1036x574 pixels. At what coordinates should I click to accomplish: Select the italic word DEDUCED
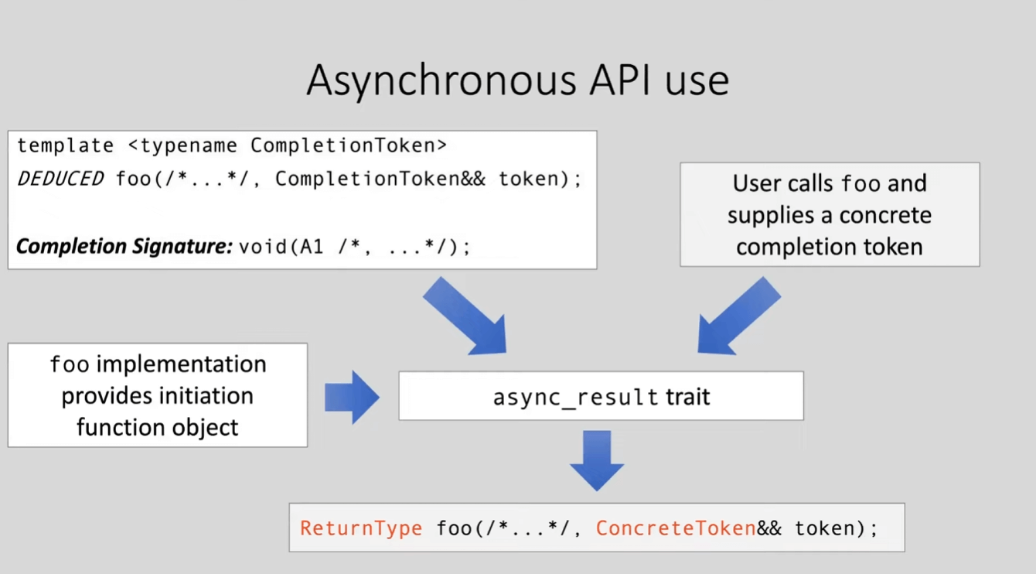tap(60, 179)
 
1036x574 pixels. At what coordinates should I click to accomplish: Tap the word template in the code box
tap(65, 145)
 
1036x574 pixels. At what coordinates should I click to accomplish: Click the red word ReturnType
tap(361, 528)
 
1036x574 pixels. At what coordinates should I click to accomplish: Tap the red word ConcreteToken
tap(675, 528)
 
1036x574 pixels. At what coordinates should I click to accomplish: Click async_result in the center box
tap(575, 398)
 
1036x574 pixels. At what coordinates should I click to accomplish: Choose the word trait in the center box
tap(687, 398)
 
